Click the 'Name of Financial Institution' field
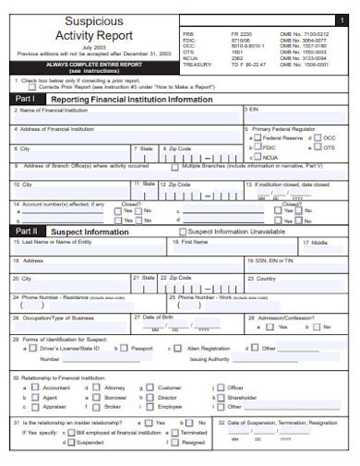(x=125, y=114)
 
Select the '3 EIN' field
(x=295, y=114)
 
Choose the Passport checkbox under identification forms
(x=125, y=349)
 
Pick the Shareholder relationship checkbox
(x=219, y=398)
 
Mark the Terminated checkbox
(x=174, y=433)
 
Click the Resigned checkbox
(x=174, y=442)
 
